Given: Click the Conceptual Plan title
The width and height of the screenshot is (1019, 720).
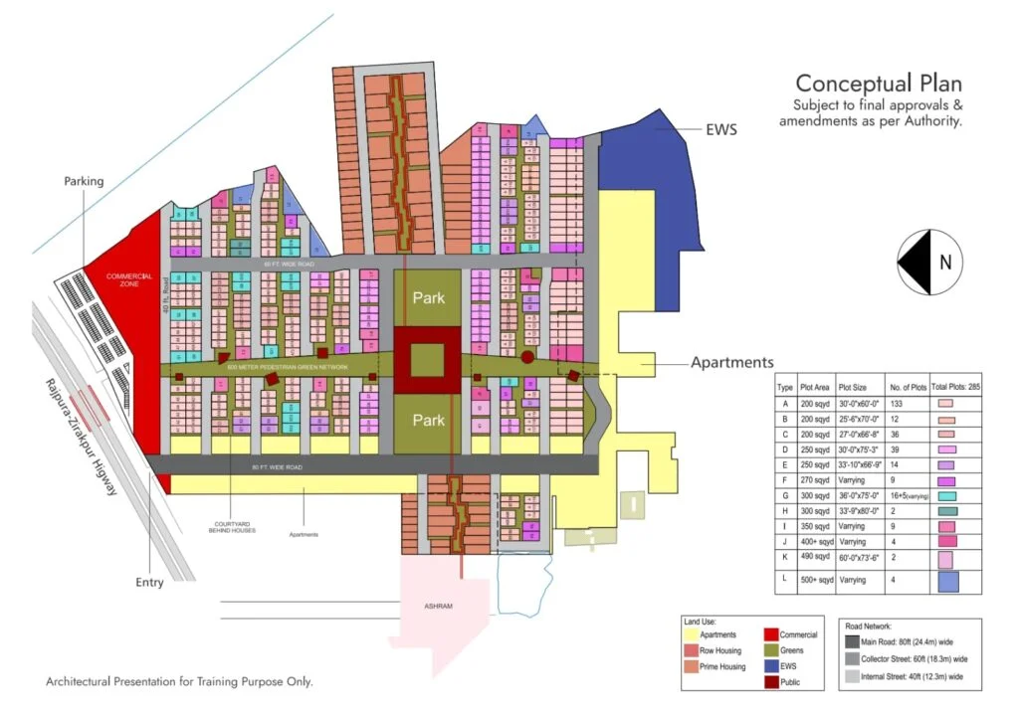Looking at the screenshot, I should pyautogui.click(x=878, y=84).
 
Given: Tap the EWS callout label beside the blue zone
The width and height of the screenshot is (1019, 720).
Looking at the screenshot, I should pyautogui.click(x=721, y=129).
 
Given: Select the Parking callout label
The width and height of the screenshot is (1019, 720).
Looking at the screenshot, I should pyautogui.click(x=84, y=181).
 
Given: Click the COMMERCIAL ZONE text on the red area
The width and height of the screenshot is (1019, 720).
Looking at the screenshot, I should pyautogui.click(x=130, y=279).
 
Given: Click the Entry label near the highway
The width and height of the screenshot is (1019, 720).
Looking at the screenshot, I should pyautogui.click(x=149, y=582).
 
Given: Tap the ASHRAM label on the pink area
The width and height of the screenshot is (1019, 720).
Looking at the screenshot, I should pyautogui.click(x=437, y=606).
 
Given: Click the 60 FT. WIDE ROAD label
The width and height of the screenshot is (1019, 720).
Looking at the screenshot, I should pyautogui.click(x=290, y=265).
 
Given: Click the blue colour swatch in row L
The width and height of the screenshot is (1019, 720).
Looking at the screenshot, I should pyautogui.click(x=947, y=582).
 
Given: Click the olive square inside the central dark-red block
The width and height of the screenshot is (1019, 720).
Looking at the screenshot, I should pyautogui.click(x=428, y=359).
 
